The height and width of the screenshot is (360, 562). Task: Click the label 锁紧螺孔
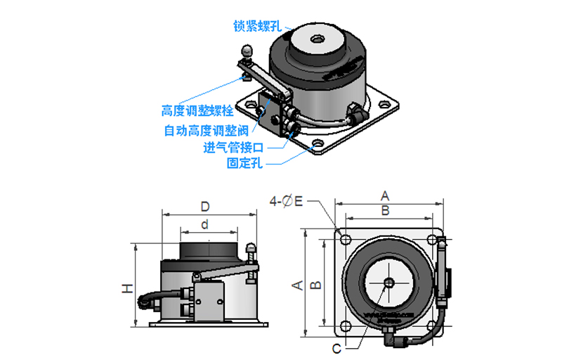tap(258, 26)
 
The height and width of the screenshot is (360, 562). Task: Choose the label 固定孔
tap(244, 164)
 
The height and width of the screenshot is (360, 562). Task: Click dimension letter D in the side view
tap(205, 207)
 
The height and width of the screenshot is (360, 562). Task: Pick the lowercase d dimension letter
tap(204, 225)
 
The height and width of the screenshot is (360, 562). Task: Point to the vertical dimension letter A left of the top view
tap(297, 284)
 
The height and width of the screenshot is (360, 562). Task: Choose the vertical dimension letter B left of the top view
tap(317, 284)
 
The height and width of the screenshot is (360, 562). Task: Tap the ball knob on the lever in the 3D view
tap(247, 51)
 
